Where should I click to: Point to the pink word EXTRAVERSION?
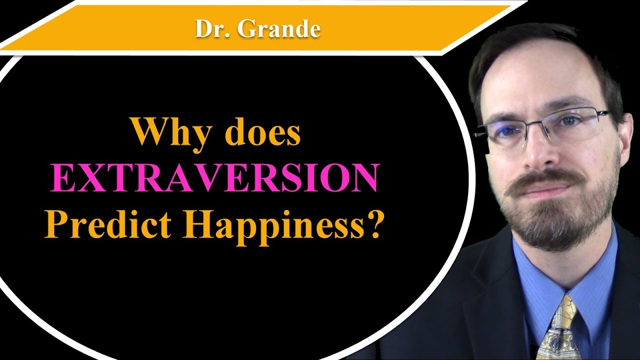213,179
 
